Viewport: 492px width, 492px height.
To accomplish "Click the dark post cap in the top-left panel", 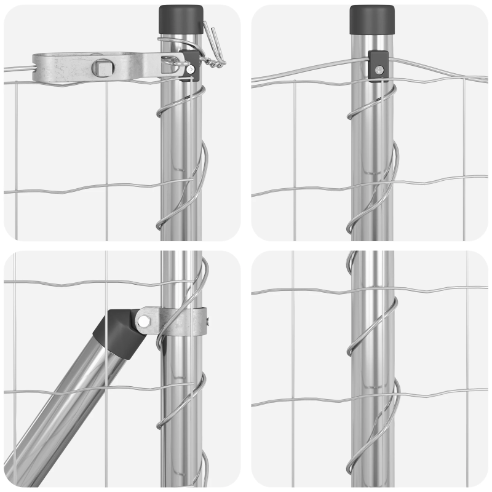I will point(181,19).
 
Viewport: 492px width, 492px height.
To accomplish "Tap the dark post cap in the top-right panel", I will point(371,19).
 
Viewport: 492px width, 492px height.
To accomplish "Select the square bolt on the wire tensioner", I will point(99,66).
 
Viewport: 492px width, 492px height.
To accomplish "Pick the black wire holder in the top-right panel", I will point(378,65).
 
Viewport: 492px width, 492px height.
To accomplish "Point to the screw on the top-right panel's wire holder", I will point(380,70).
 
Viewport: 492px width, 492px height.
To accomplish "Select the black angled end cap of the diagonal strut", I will point(117,332).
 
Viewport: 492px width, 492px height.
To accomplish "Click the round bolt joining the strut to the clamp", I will point(143,320).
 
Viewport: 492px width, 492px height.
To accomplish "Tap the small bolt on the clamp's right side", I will point(208,320).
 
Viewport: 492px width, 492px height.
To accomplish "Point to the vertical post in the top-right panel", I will point(371,154).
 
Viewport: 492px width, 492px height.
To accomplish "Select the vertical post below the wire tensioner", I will point(180,154).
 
